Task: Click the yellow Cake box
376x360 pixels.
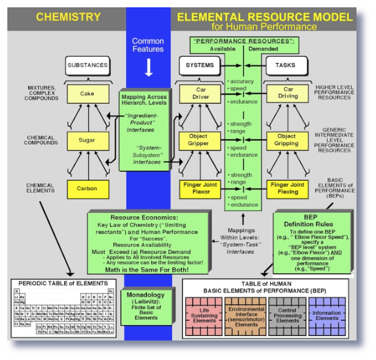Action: click(87, 94)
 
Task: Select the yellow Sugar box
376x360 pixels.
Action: click(87, 140)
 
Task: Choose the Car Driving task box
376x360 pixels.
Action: click(288, 93)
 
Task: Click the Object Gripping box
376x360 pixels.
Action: click(288, 140)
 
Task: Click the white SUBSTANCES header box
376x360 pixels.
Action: click(87, 65)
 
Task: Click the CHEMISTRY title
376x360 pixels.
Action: click(68, 18)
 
